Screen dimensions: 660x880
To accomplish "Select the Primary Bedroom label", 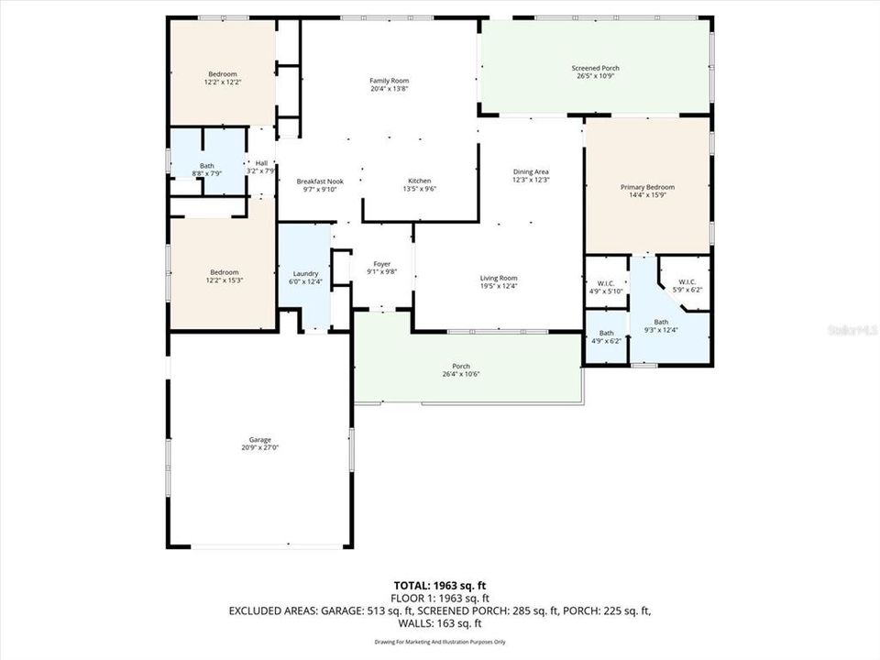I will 646,187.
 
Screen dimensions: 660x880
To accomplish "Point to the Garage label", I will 260,440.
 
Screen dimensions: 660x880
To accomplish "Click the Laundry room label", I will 305,273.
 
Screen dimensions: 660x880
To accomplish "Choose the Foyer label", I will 381,263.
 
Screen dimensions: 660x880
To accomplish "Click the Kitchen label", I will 419,181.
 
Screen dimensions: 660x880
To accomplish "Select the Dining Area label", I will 531,171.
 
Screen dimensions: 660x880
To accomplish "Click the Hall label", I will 261,163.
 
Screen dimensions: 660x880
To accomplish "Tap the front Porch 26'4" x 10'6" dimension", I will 467,374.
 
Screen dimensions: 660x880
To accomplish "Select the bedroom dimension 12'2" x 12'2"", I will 223,82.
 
